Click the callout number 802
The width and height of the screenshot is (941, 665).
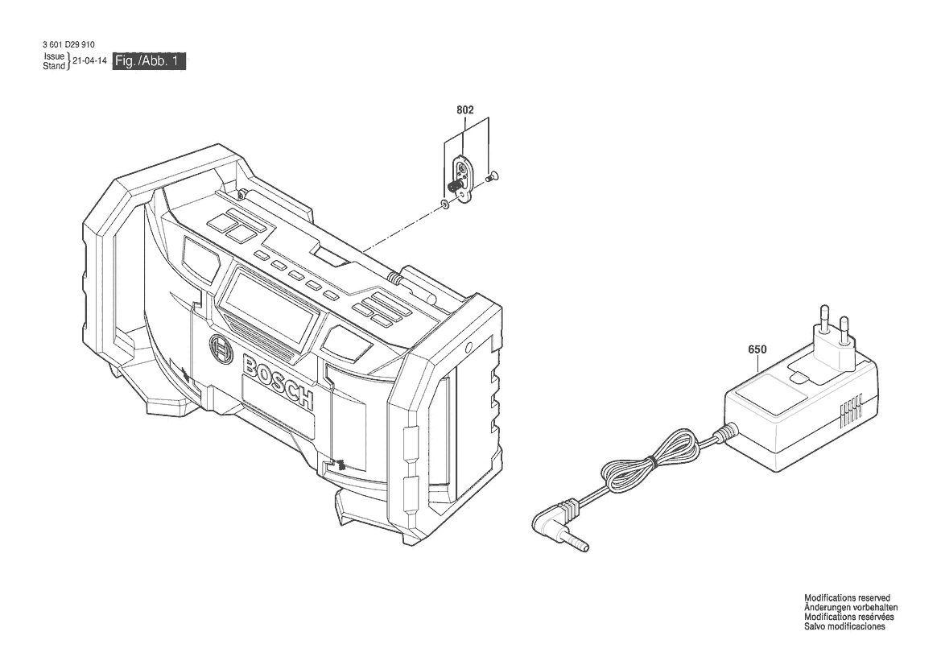point(465,109)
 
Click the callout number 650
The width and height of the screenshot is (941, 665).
point(757,349)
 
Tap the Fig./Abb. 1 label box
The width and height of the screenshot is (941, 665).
point(149,61)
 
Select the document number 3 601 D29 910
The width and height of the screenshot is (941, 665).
point(68,44)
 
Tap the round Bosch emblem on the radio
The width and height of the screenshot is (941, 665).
point(221,349)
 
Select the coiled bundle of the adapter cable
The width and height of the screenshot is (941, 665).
point(651,459)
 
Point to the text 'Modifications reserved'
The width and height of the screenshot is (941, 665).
point(847,598)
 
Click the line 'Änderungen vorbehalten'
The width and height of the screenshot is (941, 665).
point(851,607)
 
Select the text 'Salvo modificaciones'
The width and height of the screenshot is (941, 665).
point(844,626)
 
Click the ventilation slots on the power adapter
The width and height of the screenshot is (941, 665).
point(851,410)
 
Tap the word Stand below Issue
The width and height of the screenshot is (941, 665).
point(53,66)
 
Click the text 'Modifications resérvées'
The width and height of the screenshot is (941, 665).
point(849,617)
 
